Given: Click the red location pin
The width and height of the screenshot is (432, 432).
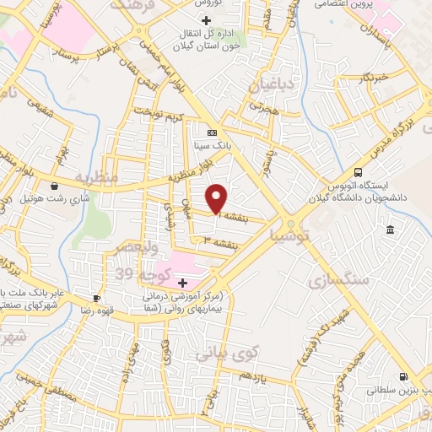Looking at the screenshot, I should point(217,198).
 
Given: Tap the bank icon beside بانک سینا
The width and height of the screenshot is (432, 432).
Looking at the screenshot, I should point(212,132).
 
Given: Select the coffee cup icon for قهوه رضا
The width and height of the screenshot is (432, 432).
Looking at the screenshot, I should point(96,298).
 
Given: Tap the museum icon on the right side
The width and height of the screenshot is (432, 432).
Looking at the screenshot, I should point(389,230).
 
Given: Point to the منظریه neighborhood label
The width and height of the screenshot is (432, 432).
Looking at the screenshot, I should point(93,177).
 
